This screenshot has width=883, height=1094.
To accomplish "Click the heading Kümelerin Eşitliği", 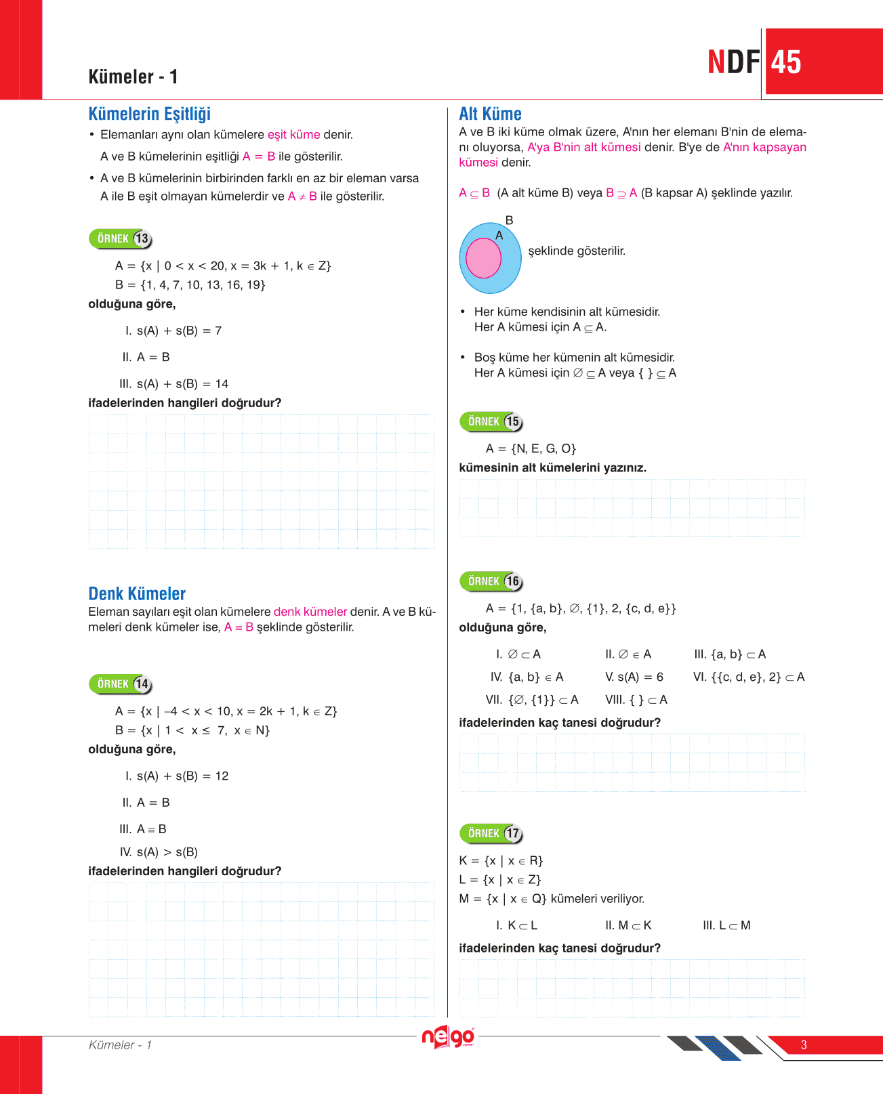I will (149, 114).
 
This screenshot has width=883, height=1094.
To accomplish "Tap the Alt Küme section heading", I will (490, 114).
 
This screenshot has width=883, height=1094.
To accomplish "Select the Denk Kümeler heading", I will (137, 594).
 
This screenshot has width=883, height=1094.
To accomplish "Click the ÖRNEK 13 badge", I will (121, 239).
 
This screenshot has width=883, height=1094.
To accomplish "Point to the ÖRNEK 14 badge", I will (121, 684).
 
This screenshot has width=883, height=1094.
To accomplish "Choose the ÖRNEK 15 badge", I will (491, 422).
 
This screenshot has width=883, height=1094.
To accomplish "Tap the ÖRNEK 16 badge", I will (491, 582).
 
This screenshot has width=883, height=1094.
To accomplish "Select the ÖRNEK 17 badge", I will (491, 834).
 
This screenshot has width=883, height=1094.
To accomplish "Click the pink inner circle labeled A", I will (483, 259).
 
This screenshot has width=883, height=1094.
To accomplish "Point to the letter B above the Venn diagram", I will (510, 221).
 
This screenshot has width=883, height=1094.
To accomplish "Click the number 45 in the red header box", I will (786, 62).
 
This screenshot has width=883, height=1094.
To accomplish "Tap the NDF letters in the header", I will (733, 62).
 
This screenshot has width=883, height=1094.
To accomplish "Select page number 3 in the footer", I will (804, 1045).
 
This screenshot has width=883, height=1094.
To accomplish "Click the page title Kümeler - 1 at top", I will (133, 77).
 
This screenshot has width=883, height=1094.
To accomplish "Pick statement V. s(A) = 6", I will (634, 677).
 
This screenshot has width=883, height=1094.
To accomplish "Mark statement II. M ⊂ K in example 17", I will (628, 926).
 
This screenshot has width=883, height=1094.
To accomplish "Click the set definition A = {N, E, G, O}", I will (531, 449).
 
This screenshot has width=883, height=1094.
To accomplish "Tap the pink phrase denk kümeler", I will (310, 612).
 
